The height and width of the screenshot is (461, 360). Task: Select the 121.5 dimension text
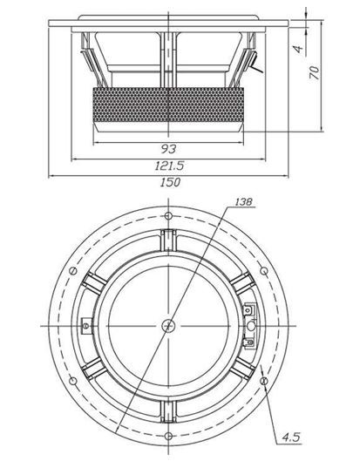point(169,165)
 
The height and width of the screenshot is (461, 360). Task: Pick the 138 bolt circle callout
point(245,202)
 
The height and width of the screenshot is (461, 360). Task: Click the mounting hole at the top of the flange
point(168,215)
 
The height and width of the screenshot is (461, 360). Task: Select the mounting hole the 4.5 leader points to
point(262,379)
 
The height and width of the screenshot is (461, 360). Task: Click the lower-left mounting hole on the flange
point(74,379)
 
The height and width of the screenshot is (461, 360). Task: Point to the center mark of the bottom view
point(168,324)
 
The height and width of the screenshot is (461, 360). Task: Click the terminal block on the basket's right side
point(250,318)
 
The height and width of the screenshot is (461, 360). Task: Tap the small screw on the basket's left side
point(86,325)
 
